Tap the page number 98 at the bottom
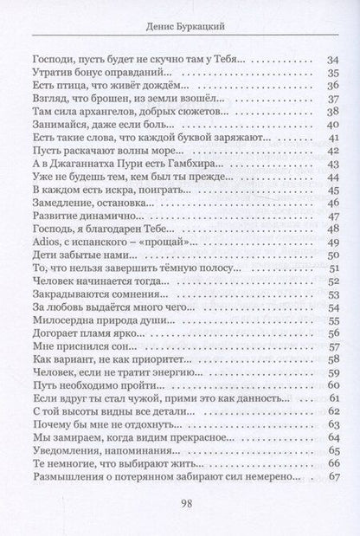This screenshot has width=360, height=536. [x=180, y=506]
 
